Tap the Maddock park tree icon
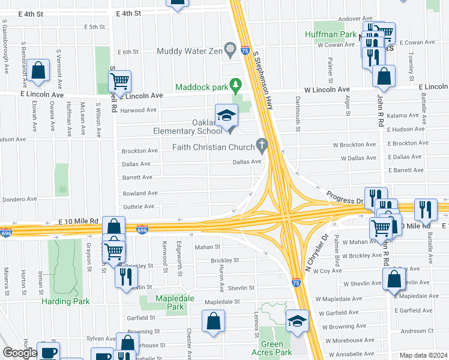coord(237,85)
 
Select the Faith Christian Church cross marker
coord(261,145)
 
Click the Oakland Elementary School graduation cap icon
coord(226,115)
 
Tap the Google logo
coord(19,353)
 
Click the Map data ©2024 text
coord(423,355)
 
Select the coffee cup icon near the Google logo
coord(48,352)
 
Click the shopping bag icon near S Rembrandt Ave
coord(38,71)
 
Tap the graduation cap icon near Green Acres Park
coord(297,321)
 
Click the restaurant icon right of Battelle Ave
coord(426,209)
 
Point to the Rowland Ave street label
coord(140,193)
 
